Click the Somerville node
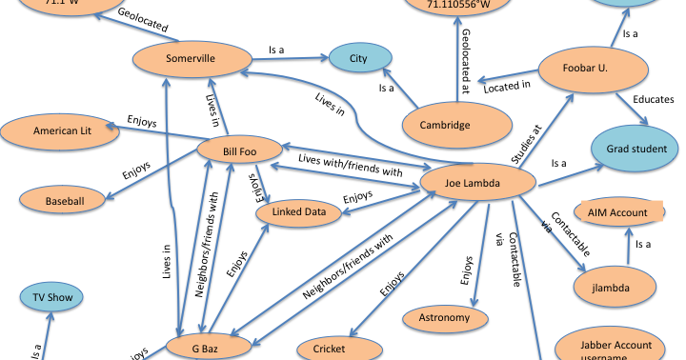click(x=191, y=59)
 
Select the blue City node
click(x=358, y=59)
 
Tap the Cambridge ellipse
click(x=451, y=125)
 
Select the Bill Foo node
click(x=239, y=150)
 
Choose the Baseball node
click(x=64, y=201)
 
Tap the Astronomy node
click(x=444, y=317)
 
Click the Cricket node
click(x=330, y=349)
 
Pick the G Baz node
click(x=208, y=347)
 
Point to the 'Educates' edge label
click(x=653, y=99)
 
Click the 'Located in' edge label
click(x=506, y=87)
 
